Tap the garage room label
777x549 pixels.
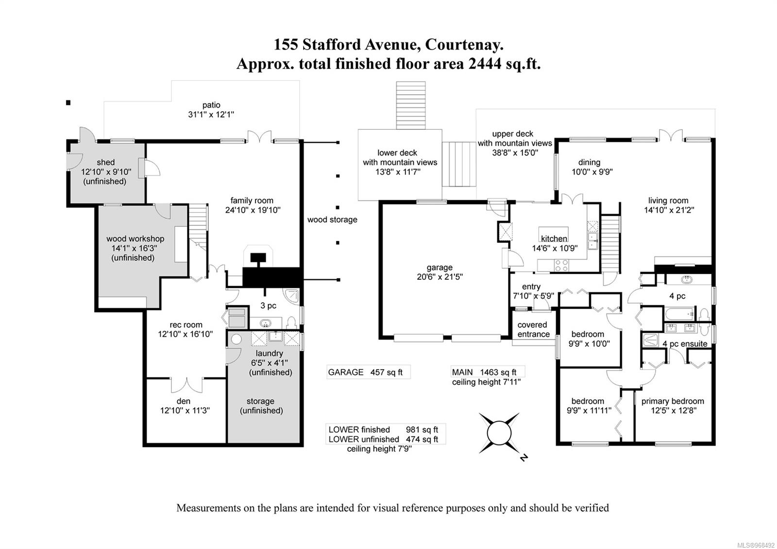(439, 268)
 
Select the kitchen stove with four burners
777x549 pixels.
(562, 265)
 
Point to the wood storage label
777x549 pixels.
(332, 220)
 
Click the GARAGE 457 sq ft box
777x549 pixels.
(368, 372)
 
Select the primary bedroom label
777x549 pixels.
(673, 401)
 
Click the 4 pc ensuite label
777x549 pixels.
(685, 343)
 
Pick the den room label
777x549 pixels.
(184, 401)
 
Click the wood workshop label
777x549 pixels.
(135, 239)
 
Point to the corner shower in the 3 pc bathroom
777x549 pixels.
(291, 296)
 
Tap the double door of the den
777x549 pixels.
(186, 384)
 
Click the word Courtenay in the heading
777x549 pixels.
(464, 45)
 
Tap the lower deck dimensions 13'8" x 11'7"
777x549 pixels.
(400, 172)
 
